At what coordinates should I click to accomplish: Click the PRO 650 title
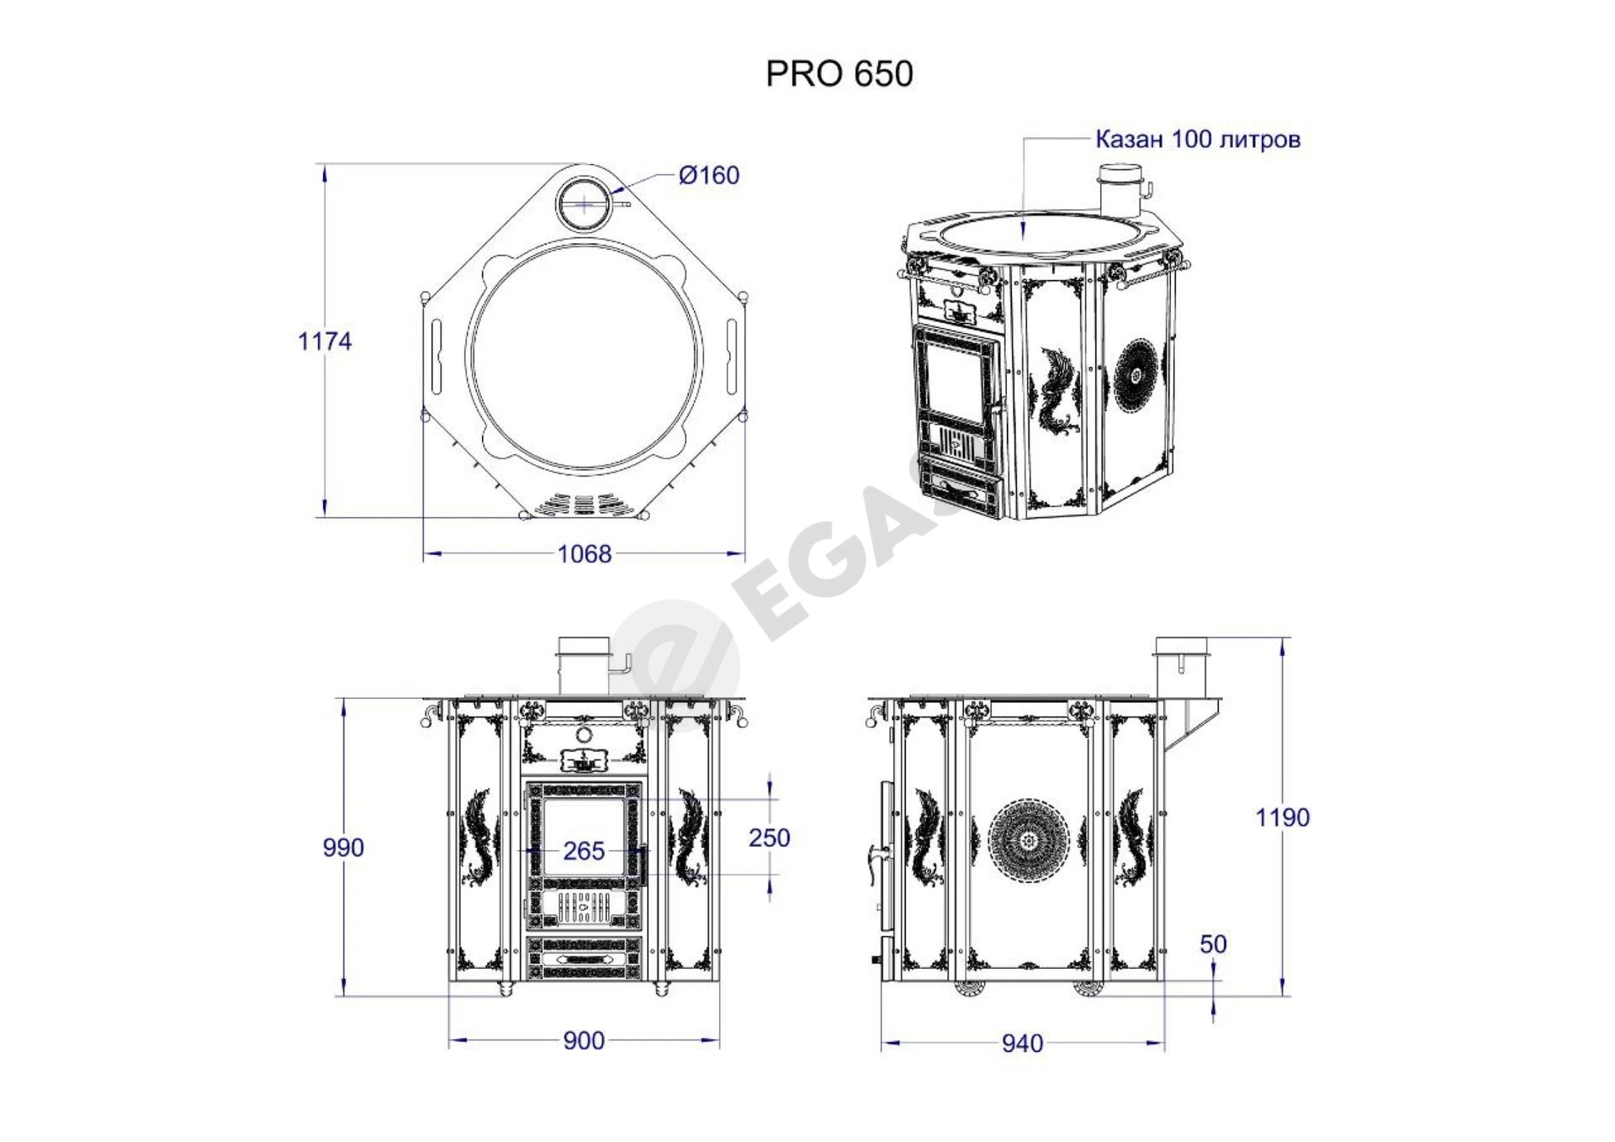[839, 74]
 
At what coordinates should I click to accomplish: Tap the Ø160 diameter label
[709, 175]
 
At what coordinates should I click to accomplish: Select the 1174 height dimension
[325, 341]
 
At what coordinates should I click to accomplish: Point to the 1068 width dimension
[585, 553]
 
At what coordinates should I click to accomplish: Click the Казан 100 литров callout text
[1198, 139]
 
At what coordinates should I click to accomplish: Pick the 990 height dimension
[343, 847]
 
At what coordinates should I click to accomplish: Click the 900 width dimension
[584, 1040]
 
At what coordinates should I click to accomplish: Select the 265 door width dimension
[584, 850]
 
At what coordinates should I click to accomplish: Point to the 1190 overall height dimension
[1283, 817]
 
